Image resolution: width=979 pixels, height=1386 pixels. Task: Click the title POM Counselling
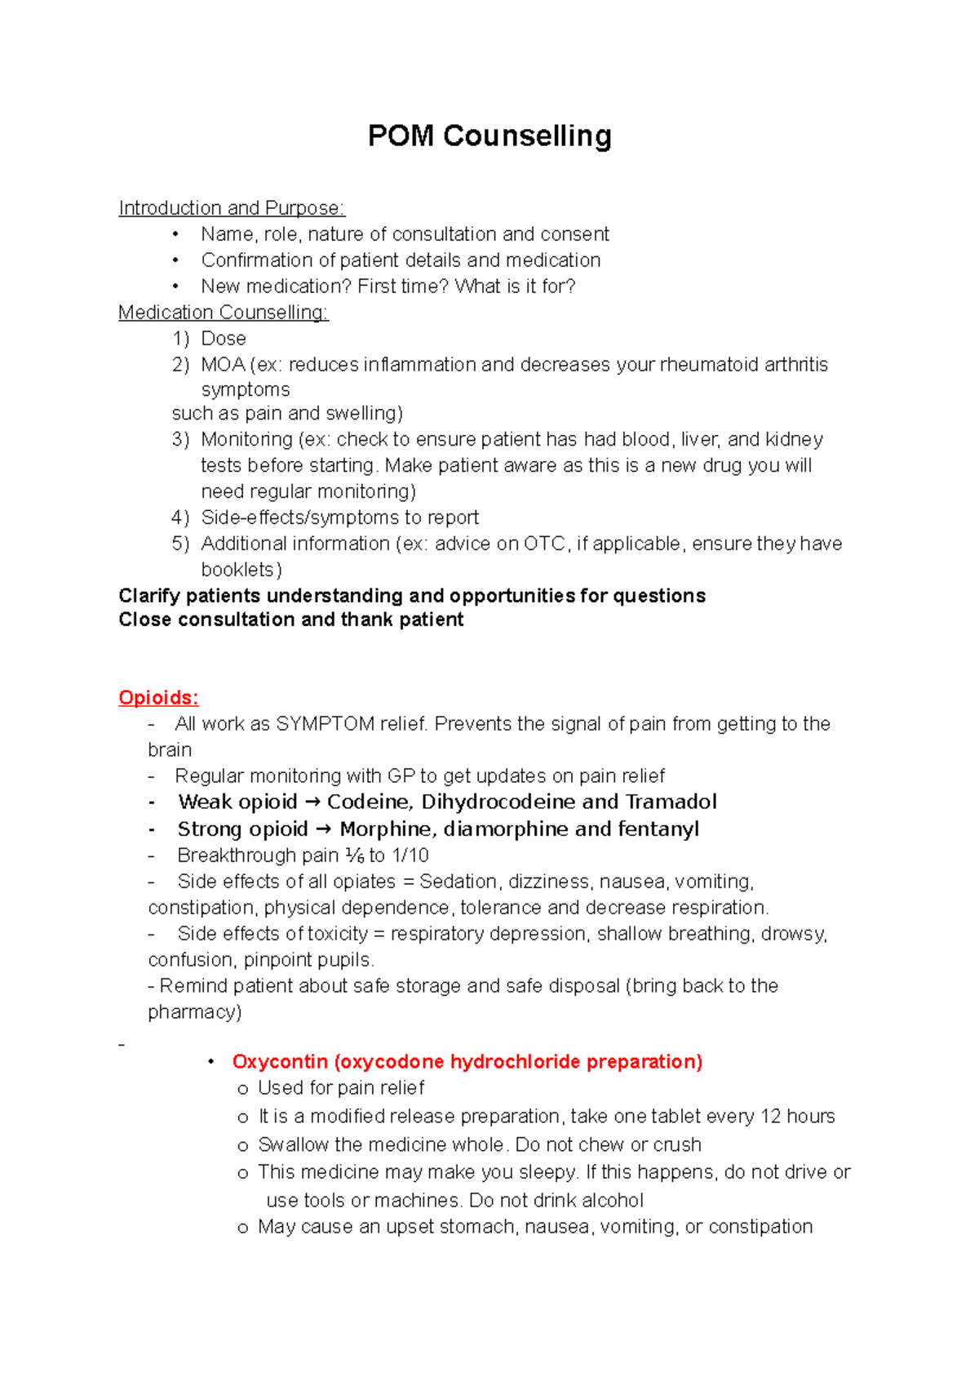pos(489,135)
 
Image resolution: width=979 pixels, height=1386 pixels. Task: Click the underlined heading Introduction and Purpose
pos(232,208)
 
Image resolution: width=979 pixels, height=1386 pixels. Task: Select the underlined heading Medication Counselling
pos(223,313)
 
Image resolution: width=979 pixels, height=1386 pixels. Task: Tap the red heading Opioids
pos(158,698)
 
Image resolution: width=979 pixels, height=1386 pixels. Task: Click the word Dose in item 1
pos(224,339)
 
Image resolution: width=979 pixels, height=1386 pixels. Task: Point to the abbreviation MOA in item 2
pos(223,365)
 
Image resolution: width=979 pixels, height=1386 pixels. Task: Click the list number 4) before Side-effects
pos(180,518)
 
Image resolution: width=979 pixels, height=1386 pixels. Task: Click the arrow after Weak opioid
pos(312,802)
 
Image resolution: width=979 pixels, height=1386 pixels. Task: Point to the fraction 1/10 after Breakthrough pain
pos(410,855)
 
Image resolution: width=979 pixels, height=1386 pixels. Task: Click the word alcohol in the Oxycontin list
pos(613,1201)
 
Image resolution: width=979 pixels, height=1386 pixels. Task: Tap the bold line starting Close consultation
pos(290,620)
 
